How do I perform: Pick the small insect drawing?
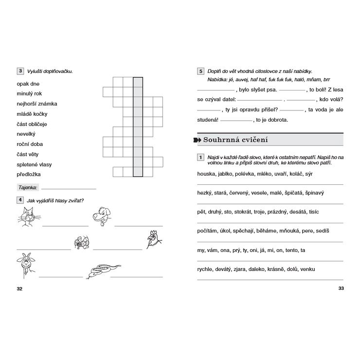click(82, 242)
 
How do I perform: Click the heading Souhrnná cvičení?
click(235, 140)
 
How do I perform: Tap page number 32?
click(19, 288)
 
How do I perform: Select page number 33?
click(341, 288)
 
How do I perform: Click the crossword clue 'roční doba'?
click(30, 144)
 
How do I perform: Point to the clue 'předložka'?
click(29, 174)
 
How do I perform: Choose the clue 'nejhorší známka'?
click(37, 104)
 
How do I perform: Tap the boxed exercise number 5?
click(200, 71)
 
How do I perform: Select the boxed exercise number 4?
click(20, 199)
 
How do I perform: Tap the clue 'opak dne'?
click(28, 84)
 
